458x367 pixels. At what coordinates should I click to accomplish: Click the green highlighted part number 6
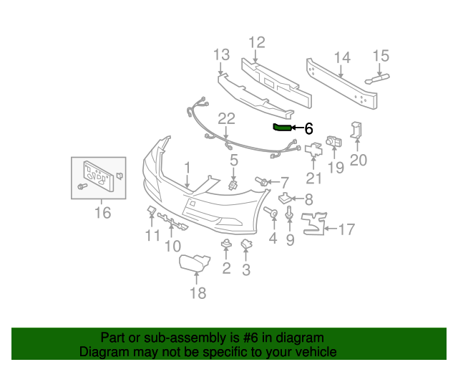point(282,128)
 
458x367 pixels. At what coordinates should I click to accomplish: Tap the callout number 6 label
point(308,129)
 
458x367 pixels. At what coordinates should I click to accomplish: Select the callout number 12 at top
point(256,42)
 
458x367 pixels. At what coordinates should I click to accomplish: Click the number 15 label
point(380,56)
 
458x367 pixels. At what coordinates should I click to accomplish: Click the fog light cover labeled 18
point(194,264)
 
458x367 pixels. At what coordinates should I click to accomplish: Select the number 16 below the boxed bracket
point(102,213)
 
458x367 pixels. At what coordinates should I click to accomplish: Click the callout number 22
point(226,119)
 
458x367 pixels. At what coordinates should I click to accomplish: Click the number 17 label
point(346,230)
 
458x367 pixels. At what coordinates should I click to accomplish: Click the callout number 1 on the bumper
point(187,168)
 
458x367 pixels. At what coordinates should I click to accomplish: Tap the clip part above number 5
point(233,185)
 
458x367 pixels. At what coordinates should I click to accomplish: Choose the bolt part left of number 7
point(262,181)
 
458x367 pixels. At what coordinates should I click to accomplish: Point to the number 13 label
point(221,55)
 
